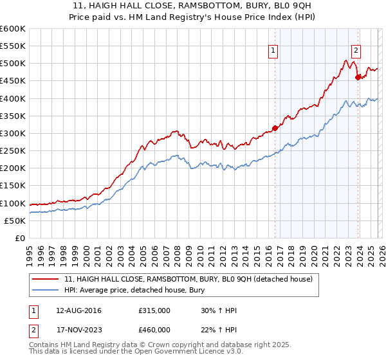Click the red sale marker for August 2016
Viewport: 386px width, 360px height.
point(275,128)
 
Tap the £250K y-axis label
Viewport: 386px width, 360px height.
point(13,150)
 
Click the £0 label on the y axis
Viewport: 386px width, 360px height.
point(21,238)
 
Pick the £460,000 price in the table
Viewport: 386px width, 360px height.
point(154,330)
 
